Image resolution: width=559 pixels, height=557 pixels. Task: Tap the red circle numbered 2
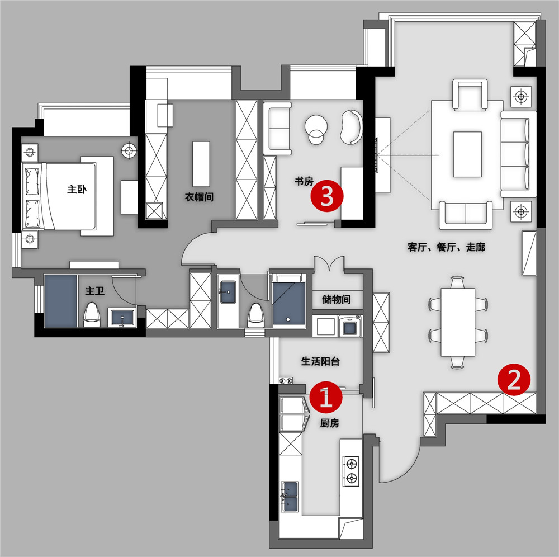pyautogui.click(x=514, y=379)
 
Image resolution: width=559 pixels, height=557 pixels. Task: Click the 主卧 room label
pyautogui.click(x=77, y=189)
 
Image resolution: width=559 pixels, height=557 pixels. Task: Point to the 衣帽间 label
pyautogui.click(x=199, y=197)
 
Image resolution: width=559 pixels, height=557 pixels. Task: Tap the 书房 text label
pyautogui.click(x=304, y=182)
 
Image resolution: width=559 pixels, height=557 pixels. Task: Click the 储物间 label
pyautogui.click(x=336, y=299)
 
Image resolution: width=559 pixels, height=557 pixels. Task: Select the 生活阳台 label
pyautogui.click(x=320, y=361)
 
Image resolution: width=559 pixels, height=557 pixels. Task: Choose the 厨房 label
pyautogui.click(x=329, y=423)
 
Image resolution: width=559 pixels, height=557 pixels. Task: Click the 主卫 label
pyautogui.click(x=95, y=291)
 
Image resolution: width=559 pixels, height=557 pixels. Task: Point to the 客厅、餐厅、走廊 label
pyautogui.click(x=446, y=247)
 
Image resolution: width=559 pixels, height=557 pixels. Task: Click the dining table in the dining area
pyautogui.click(x=458, y=322)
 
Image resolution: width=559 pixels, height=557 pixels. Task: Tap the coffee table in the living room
pyautogui.click(x=468, y=154)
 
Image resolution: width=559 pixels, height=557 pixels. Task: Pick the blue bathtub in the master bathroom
pyautogui.click(x=60, y=301)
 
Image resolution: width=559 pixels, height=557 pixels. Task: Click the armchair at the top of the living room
pyautogui.click(x=470, y=95)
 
